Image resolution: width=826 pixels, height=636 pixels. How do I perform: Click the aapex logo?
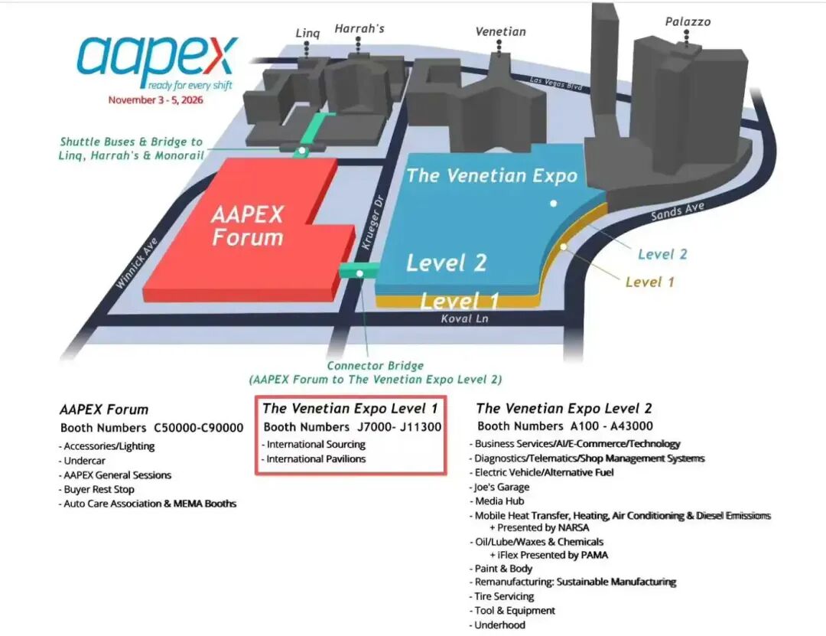pyautogui.click(x=158, y=59)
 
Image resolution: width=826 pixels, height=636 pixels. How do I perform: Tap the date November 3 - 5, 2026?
pyautogui.click(x=160, y=100)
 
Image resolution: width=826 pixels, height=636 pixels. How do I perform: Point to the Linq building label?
pyautogui.click(x=307, y=33)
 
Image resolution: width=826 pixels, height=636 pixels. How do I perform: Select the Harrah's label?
pyautogui.click(x=359, y=29)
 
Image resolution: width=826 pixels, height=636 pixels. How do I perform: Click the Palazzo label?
pyautogui.click(x=688, y=22)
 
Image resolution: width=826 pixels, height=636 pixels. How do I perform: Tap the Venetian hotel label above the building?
pyautogui.click(x=501, y=32)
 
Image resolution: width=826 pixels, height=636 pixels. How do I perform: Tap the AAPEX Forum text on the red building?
pyautogui.click(x=247, y=225)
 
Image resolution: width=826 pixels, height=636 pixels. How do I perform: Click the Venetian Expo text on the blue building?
pyautogui.click(x=492, y=175)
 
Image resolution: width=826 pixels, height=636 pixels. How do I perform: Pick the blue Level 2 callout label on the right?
pyautogui.click(x=662, y=254)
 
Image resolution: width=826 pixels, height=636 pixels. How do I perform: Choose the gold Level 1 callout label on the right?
pyautogui.click(x=649, y=282)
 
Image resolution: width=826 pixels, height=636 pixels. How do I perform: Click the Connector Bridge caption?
pyautogui.click(x=375, y=366)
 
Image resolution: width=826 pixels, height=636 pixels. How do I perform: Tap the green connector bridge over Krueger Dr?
pyautogui.click(x=359, y=271)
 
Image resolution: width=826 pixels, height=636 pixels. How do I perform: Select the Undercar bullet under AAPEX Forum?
pyautogui.click(x=86, y=461)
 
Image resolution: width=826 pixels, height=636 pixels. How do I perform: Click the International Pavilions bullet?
pyautogui.click(x=316, y=459)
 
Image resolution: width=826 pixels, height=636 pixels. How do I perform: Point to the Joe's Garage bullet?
pyautogui.click(x=502, y=487)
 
